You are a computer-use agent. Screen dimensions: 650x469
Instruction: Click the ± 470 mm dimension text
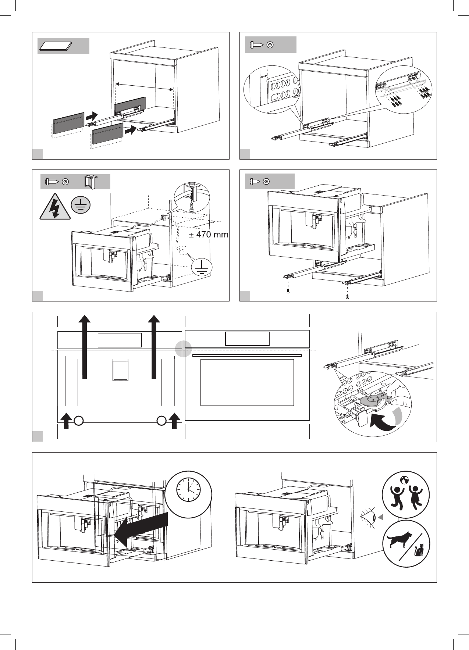209,234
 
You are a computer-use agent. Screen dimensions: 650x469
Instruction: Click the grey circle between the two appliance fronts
183,349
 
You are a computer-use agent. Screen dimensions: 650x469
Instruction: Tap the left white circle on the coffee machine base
78,421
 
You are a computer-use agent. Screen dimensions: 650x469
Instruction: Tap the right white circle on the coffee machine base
161,421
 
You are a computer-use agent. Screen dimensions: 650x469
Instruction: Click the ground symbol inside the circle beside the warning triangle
81,205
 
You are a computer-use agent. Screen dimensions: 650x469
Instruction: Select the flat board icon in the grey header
55,46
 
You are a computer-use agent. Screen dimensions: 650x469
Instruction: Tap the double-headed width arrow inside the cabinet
144,87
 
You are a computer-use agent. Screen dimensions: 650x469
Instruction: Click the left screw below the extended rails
288,291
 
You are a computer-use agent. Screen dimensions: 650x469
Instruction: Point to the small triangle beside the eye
381,517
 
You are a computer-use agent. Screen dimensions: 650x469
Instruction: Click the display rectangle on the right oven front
247,338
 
